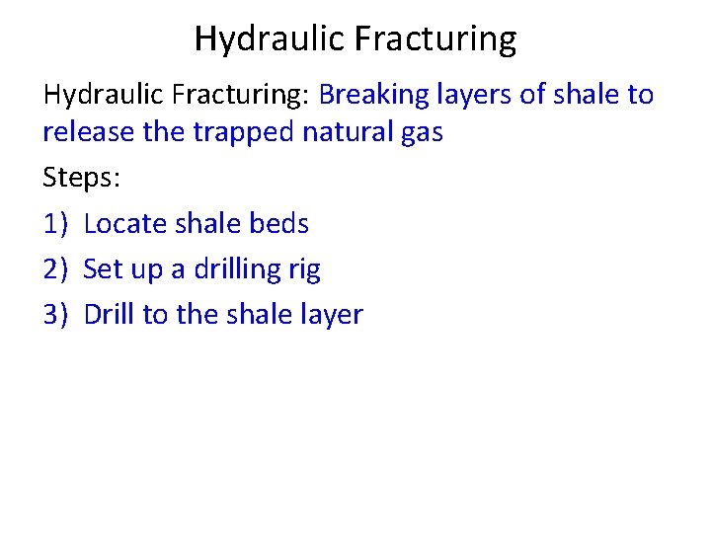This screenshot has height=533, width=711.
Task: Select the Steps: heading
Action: click(81, 178)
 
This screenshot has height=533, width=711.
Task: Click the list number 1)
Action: click(56, 224)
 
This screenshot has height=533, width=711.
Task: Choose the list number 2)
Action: click(56, 269)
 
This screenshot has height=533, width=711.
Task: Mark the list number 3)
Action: click(56, 315)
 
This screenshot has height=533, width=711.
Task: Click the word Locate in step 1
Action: click(125, 224)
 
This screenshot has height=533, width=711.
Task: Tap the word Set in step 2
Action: click(103, 269)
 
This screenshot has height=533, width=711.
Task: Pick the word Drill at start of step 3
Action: click(110, 315)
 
